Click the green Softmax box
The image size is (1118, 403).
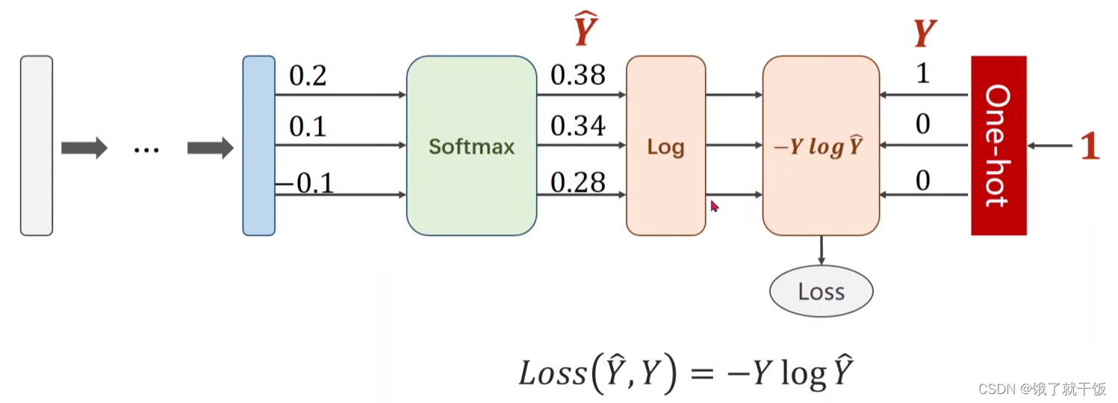[x=471, y=146]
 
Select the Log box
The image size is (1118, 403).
[x=665, y=146]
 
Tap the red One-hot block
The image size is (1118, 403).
[x=999, y=146]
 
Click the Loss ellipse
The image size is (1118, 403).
[x=821, y=291]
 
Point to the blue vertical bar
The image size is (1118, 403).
[x=258, y=146]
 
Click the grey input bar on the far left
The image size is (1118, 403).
[x=36, y=146]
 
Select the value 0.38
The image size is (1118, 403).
[x=577, y=75]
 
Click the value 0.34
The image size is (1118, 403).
[x=577, y=127]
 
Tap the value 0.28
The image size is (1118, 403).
[x=577, y=181]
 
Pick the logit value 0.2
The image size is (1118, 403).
[x=308, y=76]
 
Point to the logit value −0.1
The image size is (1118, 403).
[x=305, y=184]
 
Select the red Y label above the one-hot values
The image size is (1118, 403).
[x=925, y=34]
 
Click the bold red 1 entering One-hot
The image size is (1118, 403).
[x=1090, y=147]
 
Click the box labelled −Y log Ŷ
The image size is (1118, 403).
[x=821, y=146]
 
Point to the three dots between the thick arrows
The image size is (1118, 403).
[x=146, y=149]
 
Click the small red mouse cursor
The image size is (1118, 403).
[x=714, y=205]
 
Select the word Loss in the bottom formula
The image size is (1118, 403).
[x=553, y=373]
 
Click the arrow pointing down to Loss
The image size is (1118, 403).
[x=821, y=250]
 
